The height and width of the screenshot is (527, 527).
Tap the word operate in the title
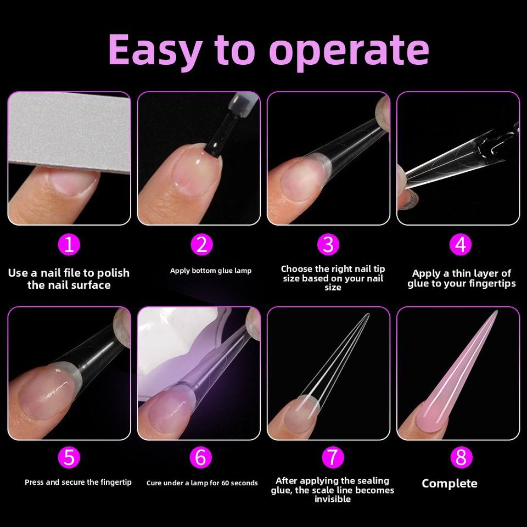349,52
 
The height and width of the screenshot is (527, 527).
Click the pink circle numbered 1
69,245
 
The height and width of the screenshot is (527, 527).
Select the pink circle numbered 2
201,245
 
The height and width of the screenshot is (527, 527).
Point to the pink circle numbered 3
328,245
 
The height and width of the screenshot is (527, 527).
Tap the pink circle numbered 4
461,245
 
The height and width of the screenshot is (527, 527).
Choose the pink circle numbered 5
69,457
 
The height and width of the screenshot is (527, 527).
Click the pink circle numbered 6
201,457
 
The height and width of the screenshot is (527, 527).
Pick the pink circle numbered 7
333,457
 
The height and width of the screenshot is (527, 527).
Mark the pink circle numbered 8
461,457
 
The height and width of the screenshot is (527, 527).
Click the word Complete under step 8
450,484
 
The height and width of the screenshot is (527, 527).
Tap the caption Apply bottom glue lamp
211,271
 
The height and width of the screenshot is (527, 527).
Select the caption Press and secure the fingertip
78,483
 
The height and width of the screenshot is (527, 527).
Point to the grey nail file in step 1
69,132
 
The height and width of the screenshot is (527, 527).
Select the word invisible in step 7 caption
333,500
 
